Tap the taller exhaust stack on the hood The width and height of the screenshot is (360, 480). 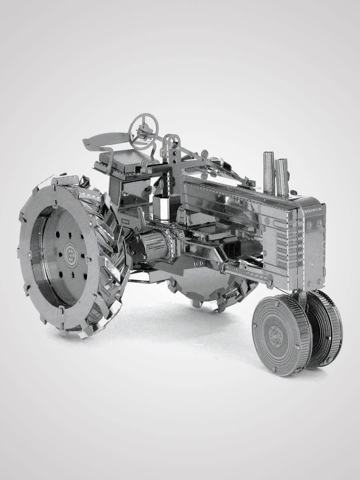click(268, 172)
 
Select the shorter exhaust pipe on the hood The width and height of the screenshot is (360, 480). click(282, 176)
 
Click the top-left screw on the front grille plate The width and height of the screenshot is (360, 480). click(309, 221)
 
